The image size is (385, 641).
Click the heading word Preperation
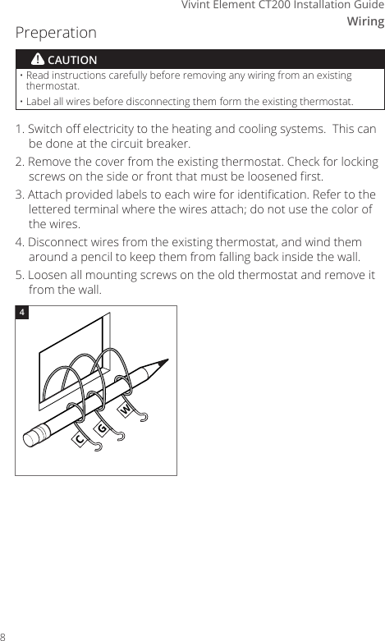(x=56, y=34)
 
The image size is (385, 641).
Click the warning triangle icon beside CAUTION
(x=38, y=60)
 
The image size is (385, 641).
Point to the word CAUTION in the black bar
(x=72, y=61)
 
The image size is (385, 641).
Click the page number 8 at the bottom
(x=4, y=636)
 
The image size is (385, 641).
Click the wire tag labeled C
(x=81, y=439)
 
